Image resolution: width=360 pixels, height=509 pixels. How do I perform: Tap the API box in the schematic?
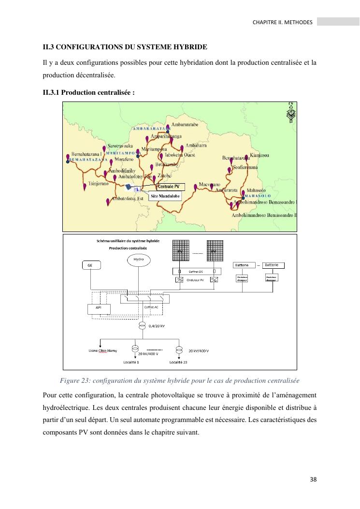click(99, 308)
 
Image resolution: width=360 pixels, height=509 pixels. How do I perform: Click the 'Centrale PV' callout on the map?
click(168, 186)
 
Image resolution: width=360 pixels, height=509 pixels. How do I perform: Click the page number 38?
click(313, 480)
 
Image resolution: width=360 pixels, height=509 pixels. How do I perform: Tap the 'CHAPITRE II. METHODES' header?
click(282, 22)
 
